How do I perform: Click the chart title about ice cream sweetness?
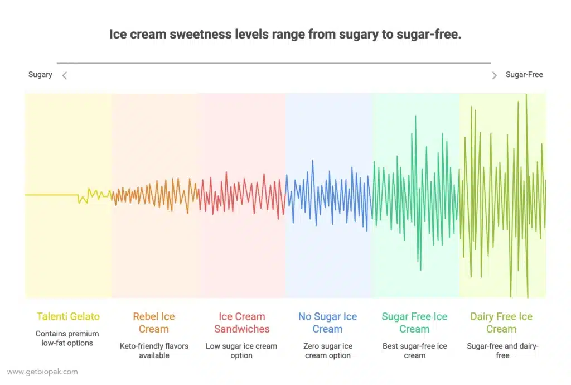285,35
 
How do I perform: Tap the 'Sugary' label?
40,75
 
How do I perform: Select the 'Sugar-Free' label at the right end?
524,75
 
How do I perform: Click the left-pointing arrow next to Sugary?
65,75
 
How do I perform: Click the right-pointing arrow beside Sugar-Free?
494,75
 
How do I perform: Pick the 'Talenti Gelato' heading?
68,317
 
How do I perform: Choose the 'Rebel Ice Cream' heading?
154,323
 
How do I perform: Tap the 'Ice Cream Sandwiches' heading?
241,323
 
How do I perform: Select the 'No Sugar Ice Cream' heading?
327,323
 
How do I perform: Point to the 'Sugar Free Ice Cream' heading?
414,323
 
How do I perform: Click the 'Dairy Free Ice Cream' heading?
501,323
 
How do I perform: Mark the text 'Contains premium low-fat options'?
67,338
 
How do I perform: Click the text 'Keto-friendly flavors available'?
154,350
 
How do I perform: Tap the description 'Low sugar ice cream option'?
241,350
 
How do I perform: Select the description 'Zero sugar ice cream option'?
328,350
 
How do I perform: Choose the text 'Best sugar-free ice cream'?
415,350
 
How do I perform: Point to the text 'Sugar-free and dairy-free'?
502,350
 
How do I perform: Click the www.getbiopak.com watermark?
42,372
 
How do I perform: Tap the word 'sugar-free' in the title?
430,35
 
